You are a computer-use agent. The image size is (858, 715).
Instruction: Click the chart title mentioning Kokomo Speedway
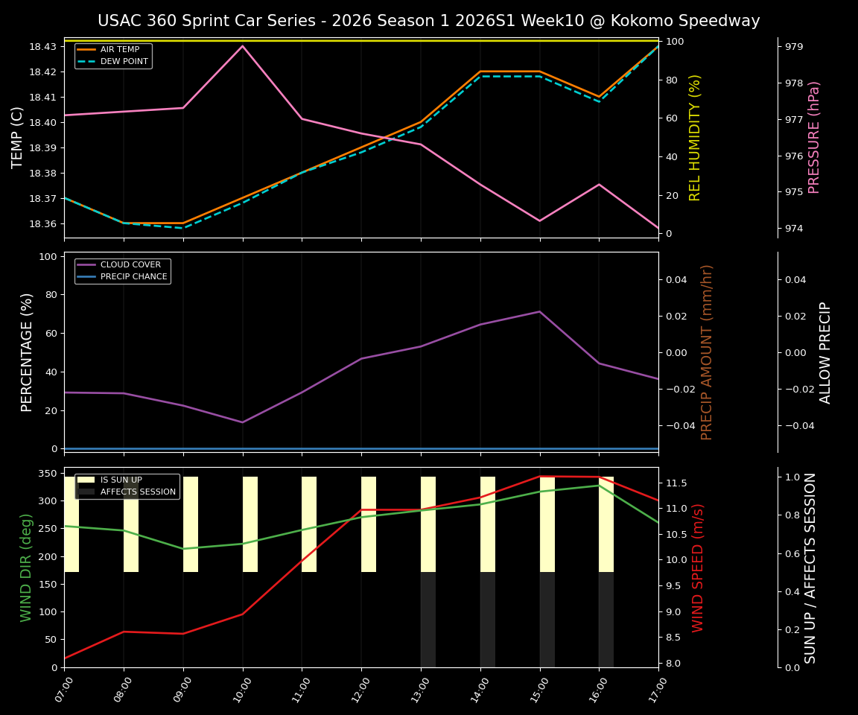(x=428, y=21)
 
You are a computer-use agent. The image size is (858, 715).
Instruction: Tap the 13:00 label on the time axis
(x=422, y=690)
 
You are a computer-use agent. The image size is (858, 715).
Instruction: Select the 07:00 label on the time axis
(x=65, y=690)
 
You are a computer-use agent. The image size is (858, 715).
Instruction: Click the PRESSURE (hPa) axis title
(x=814, y=137)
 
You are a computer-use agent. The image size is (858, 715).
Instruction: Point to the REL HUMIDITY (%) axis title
(x=695, y=137)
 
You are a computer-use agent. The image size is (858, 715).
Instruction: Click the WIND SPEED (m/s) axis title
(x=698, y=568)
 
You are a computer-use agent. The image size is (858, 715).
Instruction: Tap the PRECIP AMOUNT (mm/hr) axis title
(x=707, y=352)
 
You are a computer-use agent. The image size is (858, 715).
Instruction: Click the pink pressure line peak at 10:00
(x=242, y=46)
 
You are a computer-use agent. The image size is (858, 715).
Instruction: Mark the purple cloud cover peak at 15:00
(x=539, y=311)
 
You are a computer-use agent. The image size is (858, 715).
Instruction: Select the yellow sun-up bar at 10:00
(x=250, y=524)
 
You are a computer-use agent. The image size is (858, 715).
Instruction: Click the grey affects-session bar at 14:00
(x=488, y=620)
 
